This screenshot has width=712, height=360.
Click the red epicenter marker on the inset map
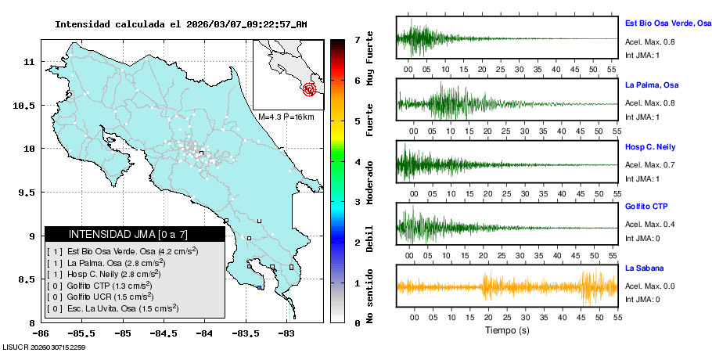click(310, 89)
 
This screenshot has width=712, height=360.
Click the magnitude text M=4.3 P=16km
click(286, 117)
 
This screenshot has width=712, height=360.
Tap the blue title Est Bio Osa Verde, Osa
click(667, 23)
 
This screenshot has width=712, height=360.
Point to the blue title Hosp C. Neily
click(649, 146)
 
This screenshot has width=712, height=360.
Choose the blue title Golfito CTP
click(646, 207)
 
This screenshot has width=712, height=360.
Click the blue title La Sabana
click(644, 268)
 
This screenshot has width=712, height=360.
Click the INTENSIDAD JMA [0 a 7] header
click(128, 234)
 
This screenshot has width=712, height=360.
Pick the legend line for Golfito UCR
click(104, 297)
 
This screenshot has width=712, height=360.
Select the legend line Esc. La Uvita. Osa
click(119, 308)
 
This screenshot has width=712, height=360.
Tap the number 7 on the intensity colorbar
click(357, 39)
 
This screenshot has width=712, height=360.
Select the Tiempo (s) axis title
click(507, 330)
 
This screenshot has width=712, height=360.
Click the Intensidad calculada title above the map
click(181, 24)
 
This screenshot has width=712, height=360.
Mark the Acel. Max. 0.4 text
click(649, 225)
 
